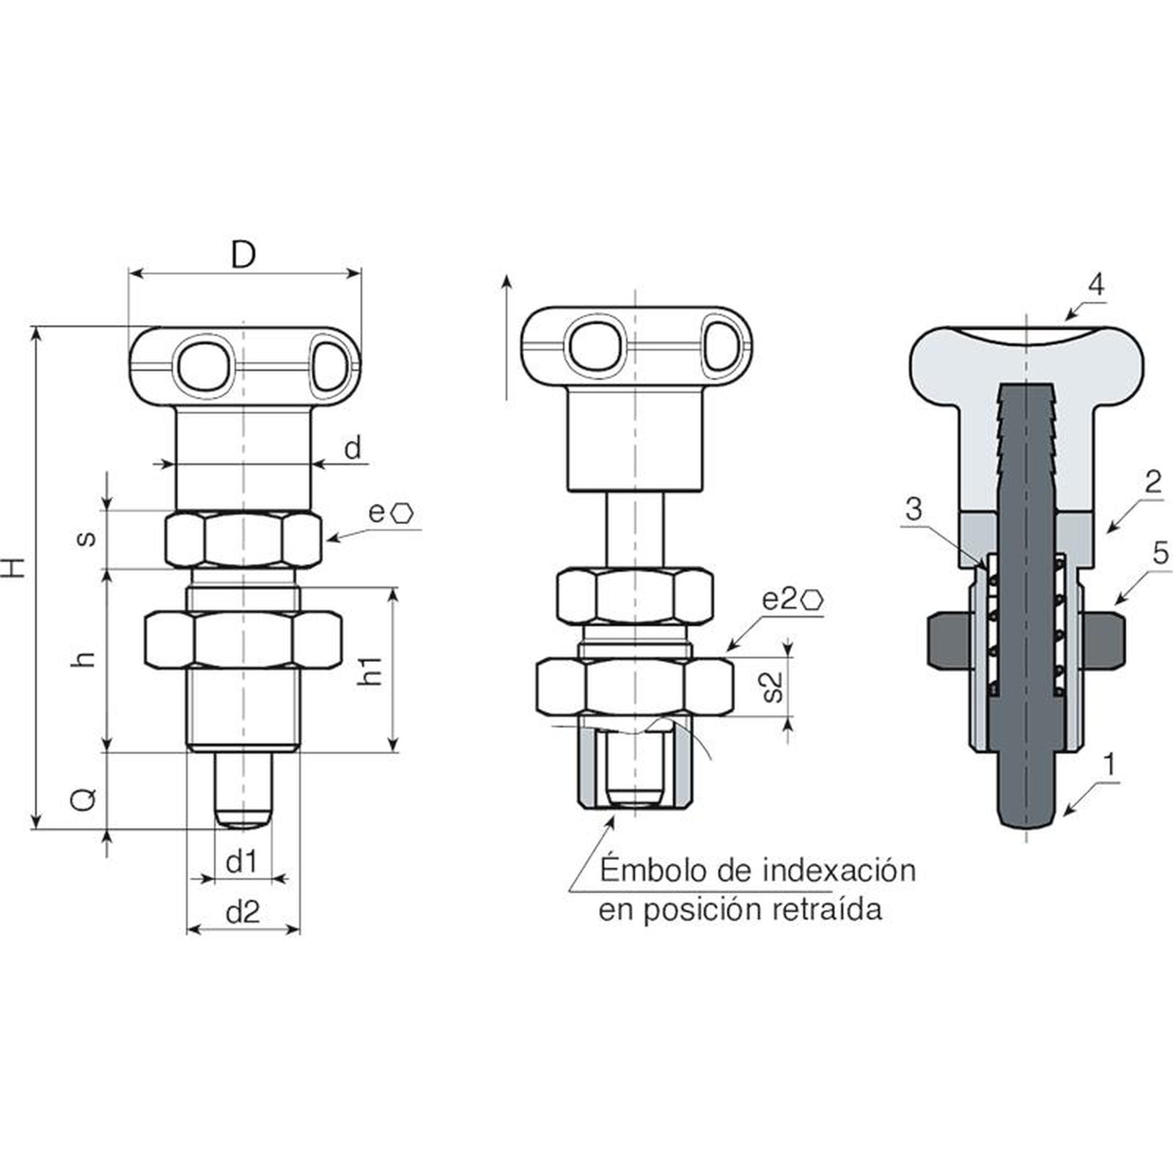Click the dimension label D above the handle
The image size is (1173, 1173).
point(243,254)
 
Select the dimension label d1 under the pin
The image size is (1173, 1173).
point(242,862)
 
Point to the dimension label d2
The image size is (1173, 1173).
point(243,912)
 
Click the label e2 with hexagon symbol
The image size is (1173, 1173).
point(793,599)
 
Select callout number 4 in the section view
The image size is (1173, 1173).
point(1095,284)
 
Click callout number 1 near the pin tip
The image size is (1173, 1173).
point(1109,765)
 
